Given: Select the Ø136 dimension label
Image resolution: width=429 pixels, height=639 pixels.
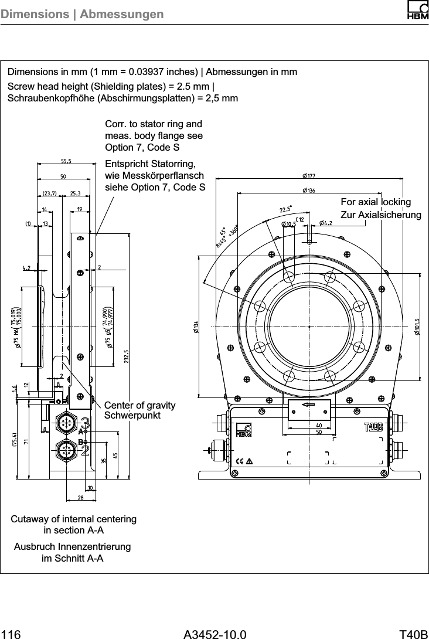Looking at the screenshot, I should click(x=309, y=190).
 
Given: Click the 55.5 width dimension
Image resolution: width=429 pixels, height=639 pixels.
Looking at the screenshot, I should click(x=66, y=161).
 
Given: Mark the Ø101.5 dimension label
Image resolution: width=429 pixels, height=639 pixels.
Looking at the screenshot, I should click(x=417, y=327).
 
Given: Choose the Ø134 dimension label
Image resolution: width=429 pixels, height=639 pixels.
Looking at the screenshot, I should click(x=195, y=327).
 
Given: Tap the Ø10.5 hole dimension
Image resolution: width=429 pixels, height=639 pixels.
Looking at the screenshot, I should click(x=289, y=223).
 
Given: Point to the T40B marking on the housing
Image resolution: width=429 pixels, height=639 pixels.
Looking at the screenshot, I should click(x=373, y=426).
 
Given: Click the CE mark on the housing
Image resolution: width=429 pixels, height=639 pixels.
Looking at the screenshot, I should click(x=239, y=460).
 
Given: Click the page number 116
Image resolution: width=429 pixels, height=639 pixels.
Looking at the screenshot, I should click(x=11, y=634).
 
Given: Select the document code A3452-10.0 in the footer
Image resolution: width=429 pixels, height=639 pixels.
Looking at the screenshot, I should click(x=215, y=634).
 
